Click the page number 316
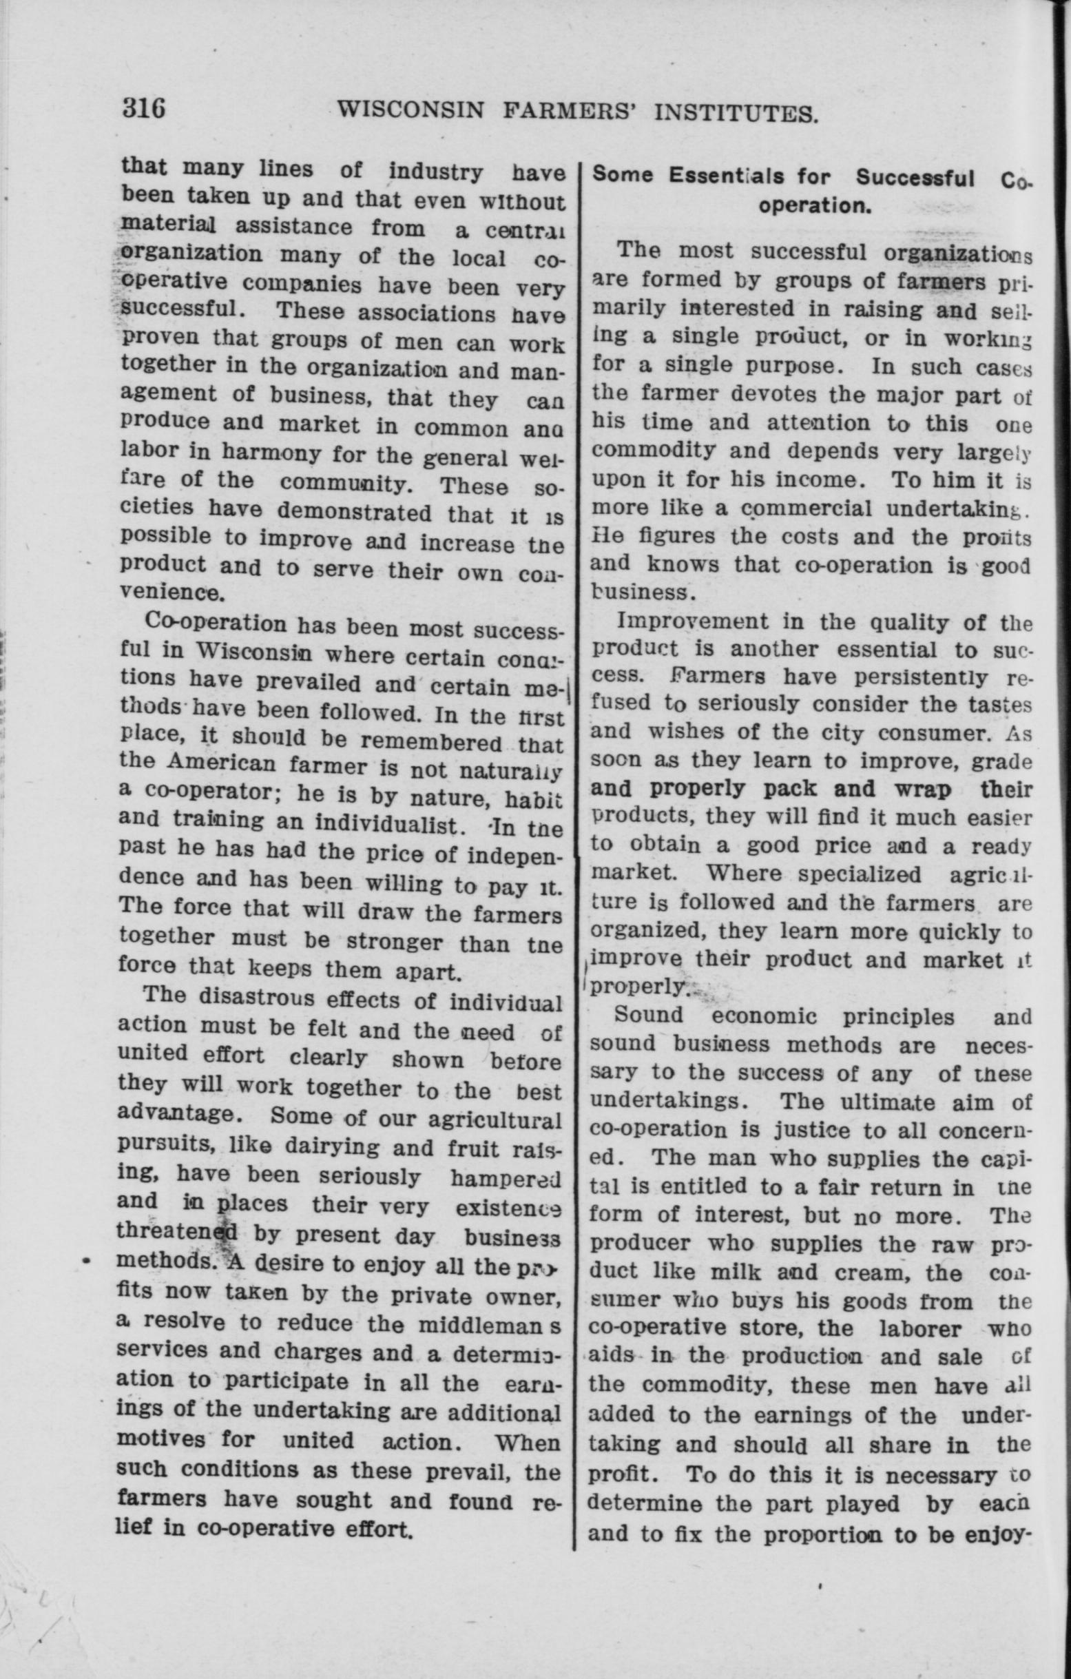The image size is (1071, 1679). click(x=144, y=109)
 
